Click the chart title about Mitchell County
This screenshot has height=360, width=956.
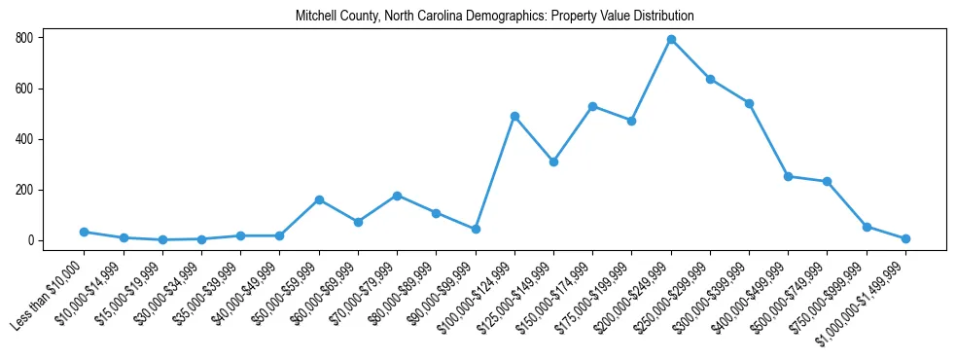point(495,16)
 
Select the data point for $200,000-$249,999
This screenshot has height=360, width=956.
point(671,40)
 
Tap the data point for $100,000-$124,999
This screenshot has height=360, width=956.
point(514,116)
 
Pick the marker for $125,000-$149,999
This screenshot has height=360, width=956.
point(553,162)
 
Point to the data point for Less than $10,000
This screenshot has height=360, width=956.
point(84,232)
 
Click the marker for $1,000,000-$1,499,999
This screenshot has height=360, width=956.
point(905,238)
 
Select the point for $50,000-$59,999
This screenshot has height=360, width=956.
point(319,199)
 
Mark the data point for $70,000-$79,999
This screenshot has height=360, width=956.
point(397,196)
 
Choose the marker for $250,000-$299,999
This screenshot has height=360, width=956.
point(710,79)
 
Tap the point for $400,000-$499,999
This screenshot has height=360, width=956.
point(788,176)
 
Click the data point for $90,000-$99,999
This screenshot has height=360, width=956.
point(476,229)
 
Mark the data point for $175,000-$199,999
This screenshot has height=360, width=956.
point(631,121)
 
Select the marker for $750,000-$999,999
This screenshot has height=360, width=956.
point(867,227)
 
